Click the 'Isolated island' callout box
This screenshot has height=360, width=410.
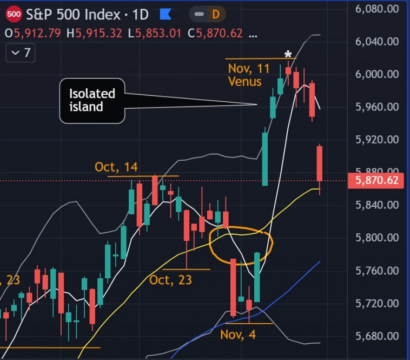91,101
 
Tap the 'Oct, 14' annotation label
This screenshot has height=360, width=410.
116,167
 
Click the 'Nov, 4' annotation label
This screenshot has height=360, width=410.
238,334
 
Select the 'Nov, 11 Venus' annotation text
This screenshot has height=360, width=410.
248,75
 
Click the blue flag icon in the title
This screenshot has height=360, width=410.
166,13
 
